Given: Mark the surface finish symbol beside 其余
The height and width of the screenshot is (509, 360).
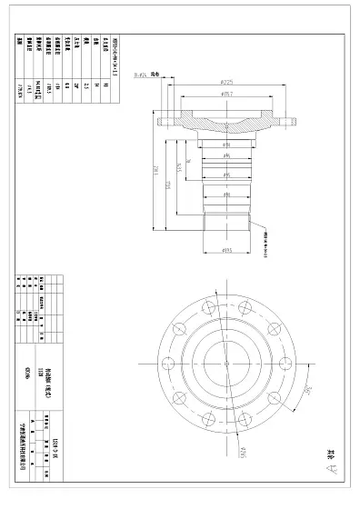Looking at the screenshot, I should click(334, 470).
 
